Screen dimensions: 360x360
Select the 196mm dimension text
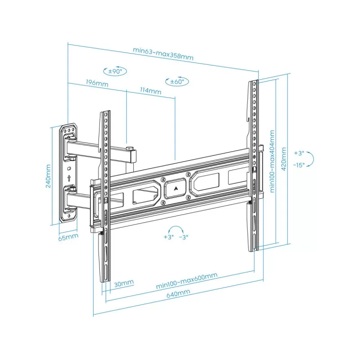[x=97, y=84]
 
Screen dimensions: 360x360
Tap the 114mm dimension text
[x=150, y=91]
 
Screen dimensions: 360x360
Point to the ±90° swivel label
[x=116, y=71]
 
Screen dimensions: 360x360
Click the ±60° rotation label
[x=177, y=82]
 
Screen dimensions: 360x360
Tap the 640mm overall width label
[x=178, y=293]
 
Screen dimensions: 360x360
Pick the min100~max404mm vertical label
[x=272, y=161]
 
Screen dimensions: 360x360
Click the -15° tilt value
[x=299, y=165]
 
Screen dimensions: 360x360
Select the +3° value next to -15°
[x=299, y=153]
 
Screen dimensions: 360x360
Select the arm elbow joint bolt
[x=130, y=148]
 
